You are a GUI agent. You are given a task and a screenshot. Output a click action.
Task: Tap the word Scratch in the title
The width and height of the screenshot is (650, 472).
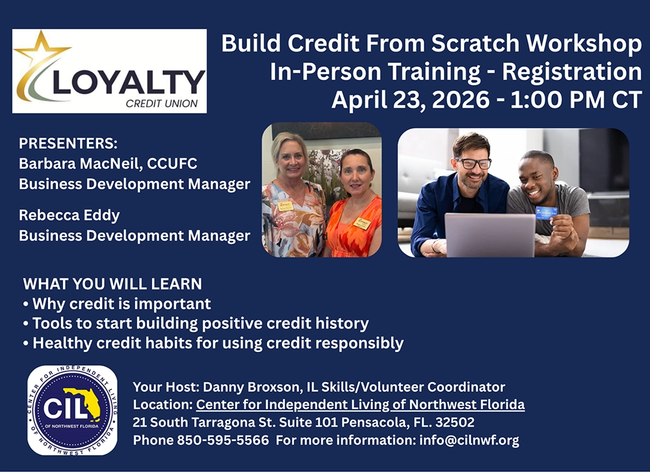473,43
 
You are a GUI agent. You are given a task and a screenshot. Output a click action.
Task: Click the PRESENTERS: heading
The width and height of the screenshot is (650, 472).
68,144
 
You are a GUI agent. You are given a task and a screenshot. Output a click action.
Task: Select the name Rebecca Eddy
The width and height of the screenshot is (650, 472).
70,215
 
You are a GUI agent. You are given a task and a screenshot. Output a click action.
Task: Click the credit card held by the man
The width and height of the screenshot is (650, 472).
545,213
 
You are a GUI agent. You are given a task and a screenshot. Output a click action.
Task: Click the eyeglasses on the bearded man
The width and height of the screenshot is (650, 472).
473,164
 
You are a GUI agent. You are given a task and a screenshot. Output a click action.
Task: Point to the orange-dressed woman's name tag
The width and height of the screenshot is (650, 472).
363,223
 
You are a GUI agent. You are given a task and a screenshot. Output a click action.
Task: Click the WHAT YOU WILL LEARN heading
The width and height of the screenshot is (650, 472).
112,284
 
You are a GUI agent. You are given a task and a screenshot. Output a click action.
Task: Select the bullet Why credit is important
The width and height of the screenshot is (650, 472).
122,303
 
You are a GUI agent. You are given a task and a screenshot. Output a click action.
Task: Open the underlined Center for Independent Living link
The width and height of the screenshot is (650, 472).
360,405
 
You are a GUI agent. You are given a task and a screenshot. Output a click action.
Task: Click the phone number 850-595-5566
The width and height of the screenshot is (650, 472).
222,440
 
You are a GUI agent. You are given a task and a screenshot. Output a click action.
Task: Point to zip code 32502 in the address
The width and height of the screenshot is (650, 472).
454,423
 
